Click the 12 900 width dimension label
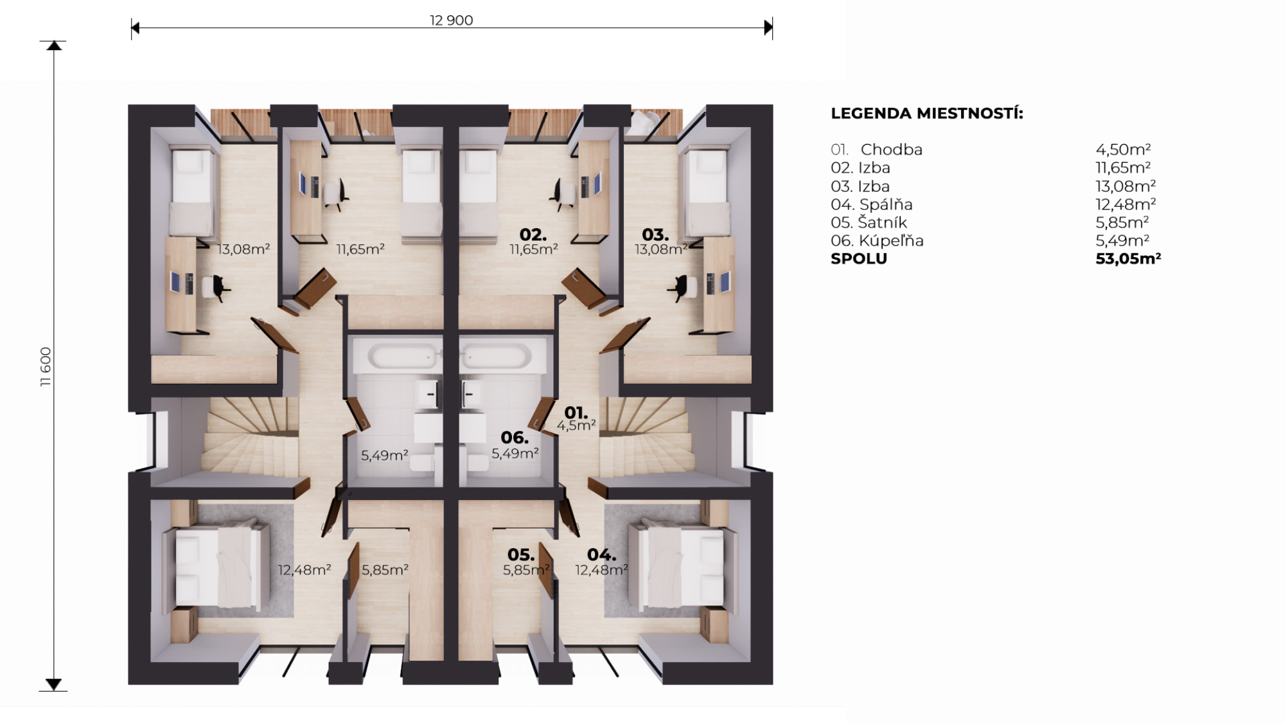[451, 20]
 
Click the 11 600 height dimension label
[45, 366]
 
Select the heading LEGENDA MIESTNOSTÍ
[926, 113]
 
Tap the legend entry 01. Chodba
[876, 150]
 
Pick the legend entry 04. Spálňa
[871, 204]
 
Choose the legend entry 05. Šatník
[869, 222]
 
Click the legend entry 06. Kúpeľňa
[877, 241]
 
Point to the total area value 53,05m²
[1128, 258]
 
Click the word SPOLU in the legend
[858, 259]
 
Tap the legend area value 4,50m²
[1123, 150]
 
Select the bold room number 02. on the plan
[533, 235]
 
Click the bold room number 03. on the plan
[655, 235]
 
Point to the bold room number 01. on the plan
[576, 413]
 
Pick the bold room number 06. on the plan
[515, 438]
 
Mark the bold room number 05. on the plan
[521, 555]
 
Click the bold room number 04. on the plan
[602, 555]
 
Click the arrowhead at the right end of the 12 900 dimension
[768, 27]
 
